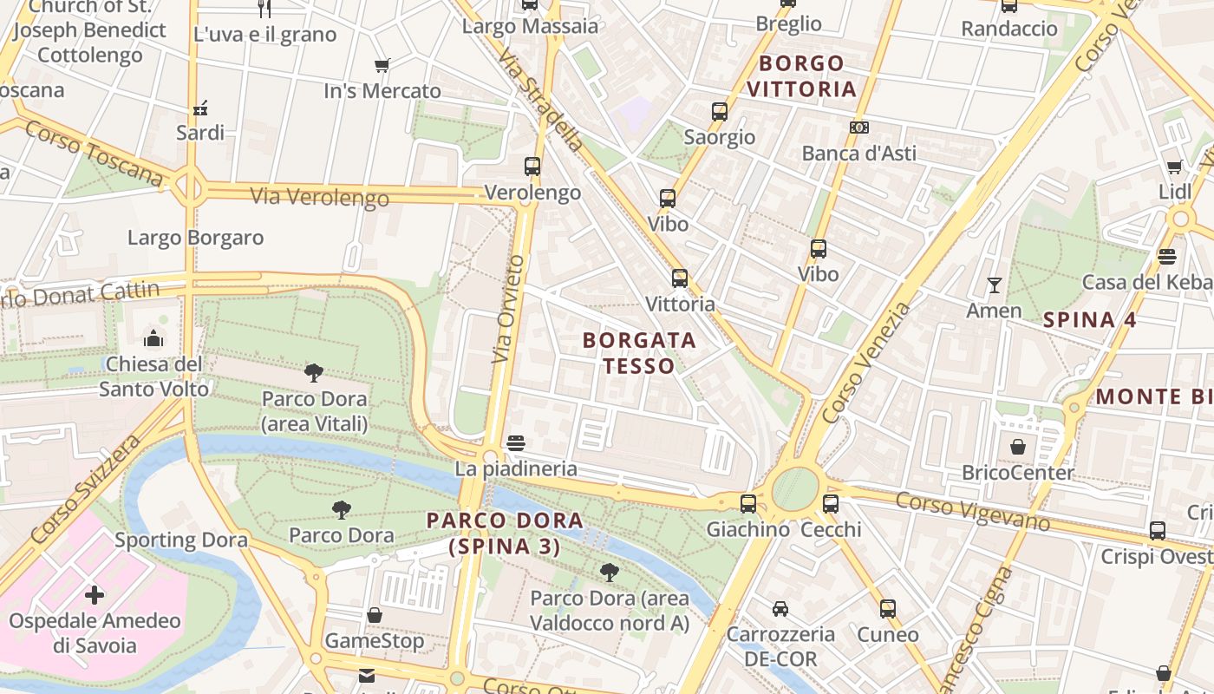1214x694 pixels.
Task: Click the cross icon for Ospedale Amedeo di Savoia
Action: point(95,595)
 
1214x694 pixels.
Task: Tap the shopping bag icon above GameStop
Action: point(375,615)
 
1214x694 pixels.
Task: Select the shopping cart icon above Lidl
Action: point(1174,167)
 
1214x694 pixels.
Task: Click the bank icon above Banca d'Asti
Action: point(859,128)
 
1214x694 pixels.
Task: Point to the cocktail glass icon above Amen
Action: point(994,285)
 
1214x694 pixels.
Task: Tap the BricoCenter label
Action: point(1017,473)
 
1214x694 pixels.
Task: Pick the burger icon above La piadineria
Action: point(516,443)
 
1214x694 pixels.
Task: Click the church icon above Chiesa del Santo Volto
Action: point(153,337)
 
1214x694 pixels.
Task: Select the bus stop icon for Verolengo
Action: point(532,167)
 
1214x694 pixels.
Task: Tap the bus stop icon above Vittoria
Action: point(680,278)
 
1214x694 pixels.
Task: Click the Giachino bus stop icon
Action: point(747,503)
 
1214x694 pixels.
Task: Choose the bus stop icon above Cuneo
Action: point(887,609)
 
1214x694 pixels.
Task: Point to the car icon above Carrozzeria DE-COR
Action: point(780,609)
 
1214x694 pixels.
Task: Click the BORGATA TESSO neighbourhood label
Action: point(639,352)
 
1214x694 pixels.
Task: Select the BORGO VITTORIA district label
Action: point(801,75)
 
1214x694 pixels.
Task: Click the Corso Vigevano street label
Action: point(972,511)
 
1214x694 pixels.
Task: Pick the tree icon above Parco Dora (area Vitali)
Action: point(314,373)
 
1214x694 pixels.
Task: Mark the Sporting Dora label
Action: point(181,540)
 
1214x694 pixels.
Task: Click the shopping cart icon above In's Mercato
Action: point(382,65)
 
